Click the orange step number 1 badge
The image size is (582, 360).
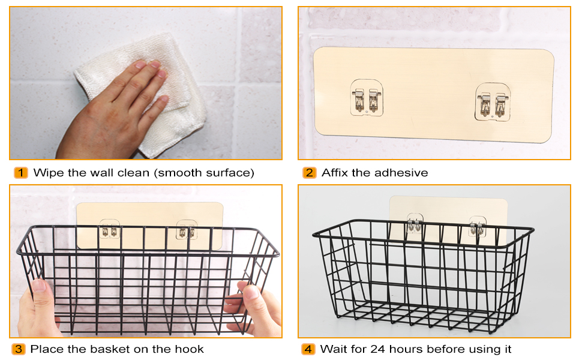pos(21,173)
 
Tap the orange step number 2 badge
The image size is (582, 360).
pos(310,173)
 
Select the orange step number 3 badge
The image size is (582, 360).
pos(19,349)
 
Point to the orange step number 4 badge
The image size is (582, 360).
pos(308,349)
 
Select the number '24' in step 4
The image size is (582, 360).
pos(378,349)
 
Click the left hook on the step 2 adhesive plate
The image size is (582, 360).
pos(367,98)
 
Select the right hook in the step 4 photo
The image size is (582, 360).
pos(478,226)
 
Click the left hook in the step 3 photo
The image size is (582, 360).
pos(109,229)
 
